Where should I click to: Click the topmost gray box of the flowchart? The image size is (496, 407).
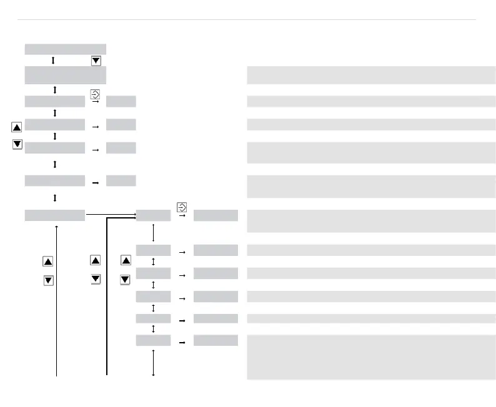point(65,49)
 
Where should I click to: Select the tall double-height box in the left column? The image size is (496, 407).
point(65,74)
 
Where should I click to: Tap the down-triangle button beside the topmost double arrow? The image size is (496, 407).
point(96,61)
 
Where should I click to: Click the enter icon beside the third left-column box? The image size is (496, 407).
point(95,94)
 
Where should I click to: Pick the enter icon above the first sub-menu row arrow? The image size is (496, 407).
point(182,206)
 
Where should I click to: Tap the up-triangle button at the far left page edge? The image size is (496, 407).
point(17,127)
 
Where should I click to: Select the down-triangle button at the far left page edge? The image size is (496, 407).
point(17,144)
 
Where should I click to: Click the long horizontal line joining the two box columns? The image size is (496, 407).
point(110,215)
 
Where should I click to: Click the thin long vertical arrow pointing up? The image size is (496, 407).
point(57,300)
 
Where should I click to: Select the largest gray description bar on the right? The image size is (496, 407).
point(371,357)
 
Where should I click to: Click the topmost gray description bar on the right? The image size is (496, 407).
point(371,74)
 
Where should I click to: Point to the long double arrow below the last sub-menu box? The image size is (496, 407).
point(153,362)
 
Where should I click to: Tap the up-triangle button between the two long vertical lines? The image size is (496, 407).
point(96,260)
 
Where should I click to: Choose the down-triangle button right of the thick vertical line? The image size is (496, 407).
point(125,279)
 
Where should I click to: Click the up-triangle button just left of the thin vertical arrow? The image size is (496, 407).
point(47,262)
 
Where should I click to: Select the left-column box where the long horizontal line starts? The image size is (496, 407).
point(54,215)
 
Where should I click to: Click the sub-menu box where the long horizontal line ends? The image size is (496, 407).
point(153,215)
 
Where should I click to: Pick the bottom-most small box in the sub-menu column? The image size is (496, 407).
point(153,340)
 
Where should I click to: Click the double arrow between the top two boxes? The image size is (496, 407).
point(53,61)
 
